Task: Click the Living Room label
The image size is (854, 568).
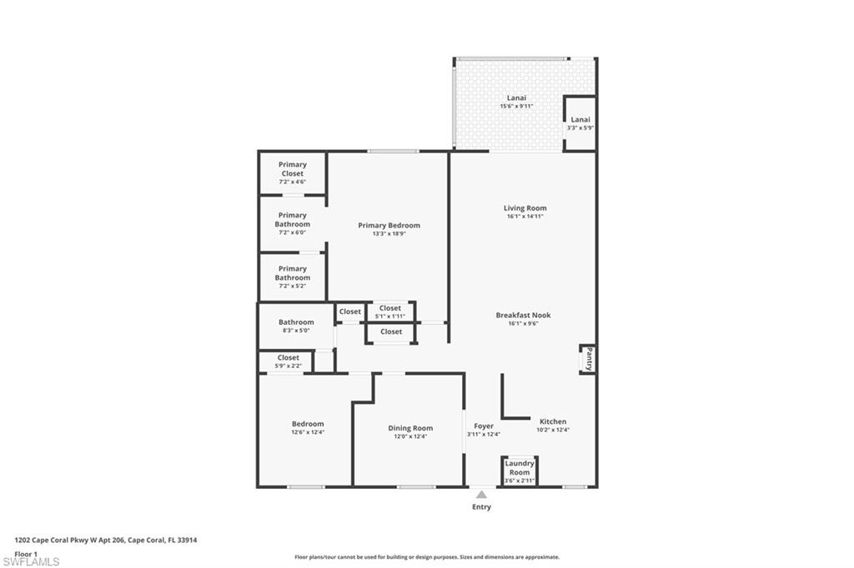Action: (x=525, y=208)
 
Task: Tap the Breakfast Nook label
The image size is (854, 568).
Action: (x=523, y=315)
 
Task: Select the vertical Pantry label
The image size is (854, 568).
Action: (x=589, y=360)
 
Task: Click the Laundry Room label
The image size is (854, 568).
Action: (x=520, y=468)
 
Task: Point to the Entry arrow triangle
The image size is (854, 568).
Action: (x=481, y=495)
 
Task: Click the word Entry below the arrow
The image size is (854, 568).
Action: (x=481, y=507)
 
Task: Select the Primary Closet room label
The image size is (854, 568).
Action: (x=292, y=169)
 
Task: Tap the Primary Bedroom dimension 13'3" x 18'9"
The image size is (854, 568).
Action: (x=389, y=234)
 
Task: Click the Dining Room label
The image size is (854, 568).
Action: (x=410, y=428)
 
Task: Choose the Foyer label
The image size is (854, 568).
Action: (x=484, y=426)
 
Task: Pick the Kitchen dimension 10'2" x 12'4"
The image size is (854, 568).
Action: (x=552, y=431)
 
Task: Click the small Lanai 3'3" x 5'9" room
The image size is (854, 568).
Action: (x=580, y=123)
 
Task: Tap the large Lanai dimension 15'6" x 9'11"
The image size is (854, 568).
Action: (x=516, y=107)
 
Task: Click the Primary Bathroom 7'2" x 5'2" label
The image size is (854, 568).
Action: (x=293, y=273)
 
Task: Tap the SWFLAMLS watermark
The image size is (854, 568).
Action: (x=31, y=561)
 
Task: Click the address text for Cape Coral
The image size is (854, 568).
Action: (x=105, y=540)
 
